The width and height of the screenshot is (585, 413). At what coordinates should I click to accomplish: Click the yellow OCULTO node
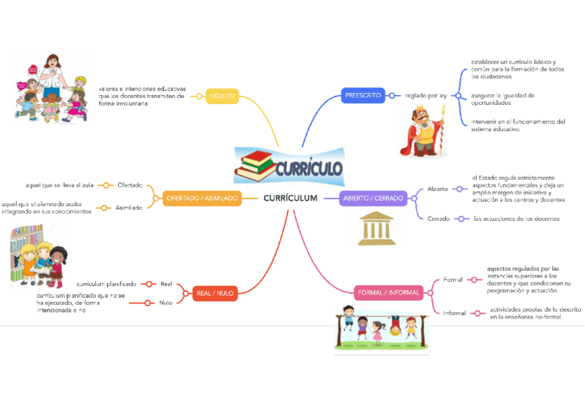point(222,96)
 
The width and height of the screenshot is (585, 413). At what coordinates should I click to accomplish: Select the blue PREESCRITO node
point(363,95)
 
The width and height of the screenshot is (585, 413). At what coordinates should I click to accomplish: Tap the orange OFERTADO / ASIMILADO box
point(201,199)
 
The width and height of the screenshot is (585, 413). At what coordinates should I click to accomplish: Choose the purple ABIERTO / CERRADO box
point(373,199)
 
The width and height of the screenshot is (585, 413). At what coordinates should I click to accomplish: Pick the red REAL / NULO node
point(215,293)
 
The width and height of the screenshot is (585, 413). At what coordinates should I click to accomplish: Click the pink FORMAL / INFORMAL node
point(388,292)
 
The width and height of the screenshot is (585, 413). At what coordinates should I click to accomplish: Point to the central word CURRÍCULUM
point(290,199)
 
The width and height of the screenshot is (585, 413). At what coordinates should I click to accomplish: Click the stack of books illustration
point(255,165)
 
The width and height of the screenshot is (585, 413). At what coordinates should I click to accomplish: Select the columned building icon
point(375,229)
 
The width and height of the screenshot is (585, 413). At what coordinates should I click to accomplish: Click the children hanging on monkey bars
point(380,328)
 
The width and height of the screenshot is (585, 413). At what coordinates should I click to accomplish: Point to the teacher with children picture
point(51,89)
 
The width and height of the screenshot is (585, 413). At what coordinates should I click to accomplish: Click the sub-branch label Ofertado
point(130,185)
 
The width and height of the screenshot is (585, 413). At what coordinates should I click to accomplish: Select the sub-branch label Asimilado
point(128,207)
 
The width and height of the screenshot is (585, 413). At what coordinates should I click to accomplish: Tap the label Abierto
point(437,188)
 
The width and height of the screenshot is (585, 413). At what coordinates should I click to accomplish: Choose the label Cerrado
point(438,219)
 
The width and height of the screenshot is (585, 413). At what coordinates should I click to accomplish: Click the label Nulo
point(166,302)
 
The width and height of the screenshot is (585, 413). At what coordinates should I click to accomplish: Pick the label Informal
point(454,313)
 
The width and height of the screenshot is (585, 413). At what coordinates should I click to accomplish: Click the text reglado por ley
point(426,96)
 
